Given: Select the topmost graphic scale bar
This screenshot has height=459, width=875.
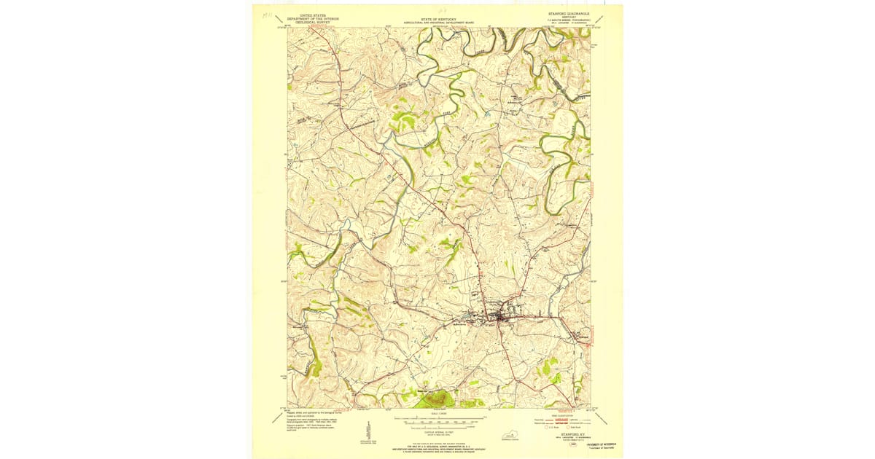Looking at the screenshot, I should [437, 420].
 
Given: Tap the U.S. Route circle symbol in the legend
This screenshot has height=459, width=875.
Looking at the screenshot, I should [548, 427].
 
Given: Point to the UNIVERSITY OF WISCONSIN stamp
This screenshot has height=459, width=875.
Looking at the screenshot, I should [602, 443].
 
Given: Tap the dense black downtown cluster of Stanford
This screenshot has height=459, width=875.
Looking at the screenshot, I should [502, 317].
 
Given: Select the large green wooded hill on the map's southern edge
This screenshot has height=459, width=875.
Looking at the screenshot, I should [435, 399].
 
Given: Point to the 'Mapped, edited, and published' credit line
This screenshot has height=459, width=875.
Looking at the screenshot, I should [315, 412].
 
